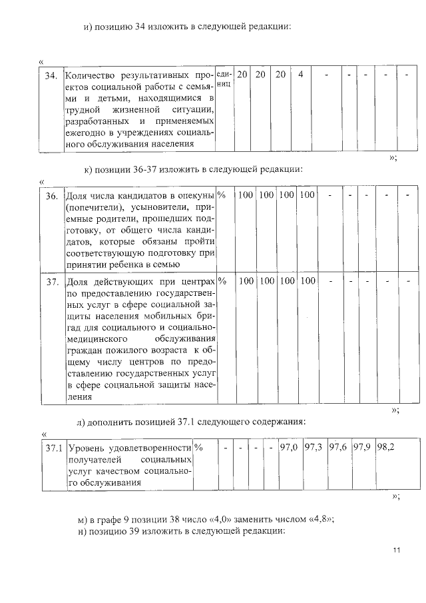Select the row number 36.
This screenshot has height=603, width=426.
[x=51, y=196]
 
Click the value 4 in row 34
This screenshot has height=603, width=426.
[x=300, y=75]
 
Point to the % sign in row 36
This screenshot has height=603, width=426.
[x=222, y=195]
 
